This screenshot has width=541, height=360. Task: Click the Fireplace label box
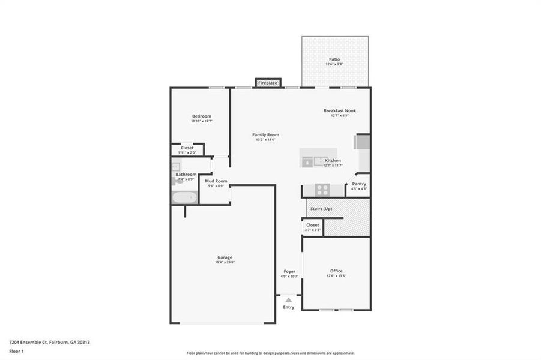point(268,83)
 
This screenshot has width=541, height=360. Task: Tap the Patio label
point(334,59)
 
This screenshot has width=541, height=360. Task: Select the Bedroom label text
point(202,116)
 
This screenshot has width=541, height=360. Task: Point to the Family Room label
point(265,134)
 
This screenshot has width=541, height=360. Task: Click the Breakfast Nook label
point(340,110)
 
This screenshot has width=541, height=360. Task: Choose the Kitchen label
point(333,161)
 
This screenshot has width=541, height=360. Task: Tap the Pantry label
point(359,184)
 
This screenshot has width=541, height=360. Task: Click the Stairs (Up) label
point(320,208)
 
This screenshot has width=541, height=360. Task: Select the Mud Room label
point(216,181)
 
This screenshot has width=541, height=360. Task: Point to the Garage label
point(225,257)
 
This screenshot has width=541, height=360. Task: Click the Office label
point(336,271)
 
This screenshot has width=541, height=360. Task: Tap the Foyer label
point(289,271)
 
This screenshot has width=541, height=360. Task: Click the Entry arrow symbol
point(289,299)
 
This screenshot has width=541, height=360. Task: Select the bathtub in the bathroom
point(184,197)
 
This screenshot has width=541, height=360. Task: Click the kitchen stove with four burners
point(322,190)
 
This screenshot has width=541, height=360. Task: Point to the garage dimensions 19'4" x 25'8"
point(225,263)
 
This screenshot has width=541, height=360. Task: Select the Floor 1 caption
point(17,352)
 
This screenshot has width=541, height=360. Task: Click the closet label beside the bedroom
point(187,148)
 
